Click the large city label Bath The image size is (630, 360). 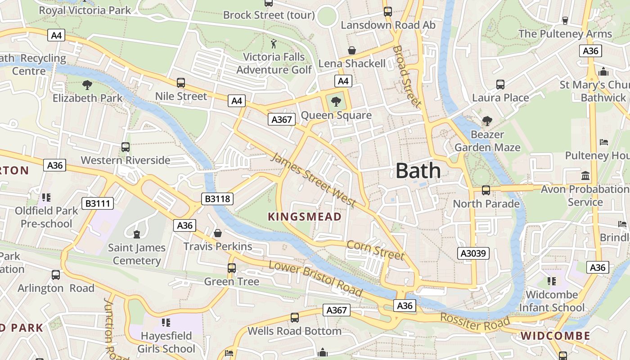(418, 171)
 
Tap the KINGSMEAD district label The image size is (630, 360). (305, 217)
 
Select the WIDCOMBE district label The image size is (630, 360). (555, 336)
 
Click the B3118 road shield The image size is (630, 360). (217, 198)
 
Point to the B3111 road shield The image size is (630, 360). (98, 203)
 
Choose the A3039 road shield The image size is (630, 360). (474, 253)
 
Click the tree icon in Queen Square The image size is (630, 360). (336, 101)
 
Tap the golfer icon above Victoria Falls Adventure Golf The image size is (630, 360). (274, 44)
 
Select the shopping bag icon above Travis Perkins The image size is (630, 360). (218, 233)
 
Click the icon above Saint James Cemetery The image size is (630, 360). (136, 234)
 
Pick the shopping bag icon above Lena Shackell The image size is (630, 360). (352, 50)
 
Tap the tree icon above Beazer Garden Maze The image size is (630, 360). (487, 121)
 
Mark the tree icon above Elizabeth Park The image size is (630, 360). (87, 84)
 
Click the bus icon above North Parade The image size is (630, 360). (486, 190)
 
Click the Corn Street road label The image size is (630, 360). (375, 250)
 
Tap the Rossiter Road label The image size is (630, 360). (475, 323)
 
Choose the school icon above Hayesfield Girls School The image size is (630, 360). (166, 322)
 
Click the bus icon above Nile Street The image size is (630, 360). (181, 82)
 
